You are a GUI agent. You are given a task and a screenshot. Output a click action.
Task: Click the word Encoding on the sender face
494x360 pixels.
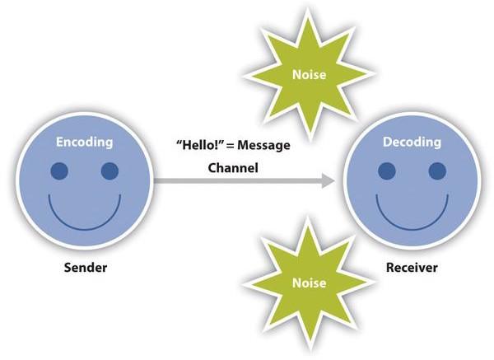coord(84,143)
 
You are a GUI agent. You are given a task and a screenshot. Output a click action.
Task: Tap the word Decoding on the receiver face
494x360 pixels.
coord(411,143)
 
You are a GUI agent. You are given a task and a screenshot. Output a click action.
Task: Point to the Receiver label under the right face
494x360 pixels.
coord(411,268)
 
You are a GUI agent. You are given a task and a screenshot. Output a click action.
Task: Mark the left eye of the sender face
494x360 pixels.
coord(59,171)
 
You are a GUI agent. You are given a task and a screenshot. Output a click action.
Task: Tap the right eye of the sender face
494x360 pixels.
coord(110,171)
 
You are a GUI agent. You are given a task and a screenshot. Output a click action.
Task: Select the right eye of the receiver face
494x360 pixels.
coord(437,171)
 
